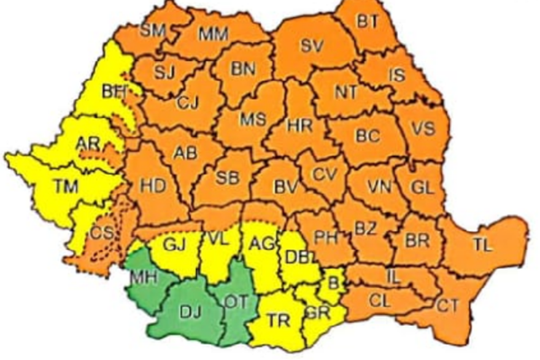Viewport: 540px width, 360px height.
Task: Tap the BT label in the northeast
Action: (x=368, y=20)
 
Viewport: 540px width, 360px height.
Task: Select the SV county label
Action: (x=311, y=46)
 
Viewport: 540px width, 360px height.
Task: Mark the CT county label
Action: (x=447, y=306)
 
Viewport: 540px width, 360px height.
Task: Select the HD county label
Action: (x=154, y=186)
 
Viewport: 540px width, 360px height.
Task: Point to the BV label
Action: (x=285, y=187)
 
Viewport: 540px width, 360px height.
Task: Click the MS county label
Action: (x=250, y=119)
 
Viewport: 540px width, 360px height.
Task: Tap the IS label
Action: (x=396, y=76)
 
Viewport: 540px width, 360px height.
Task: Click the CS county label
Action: (x=101, y=233)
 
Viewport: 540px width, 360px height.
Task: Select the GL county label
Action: (x=420, y=187)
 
